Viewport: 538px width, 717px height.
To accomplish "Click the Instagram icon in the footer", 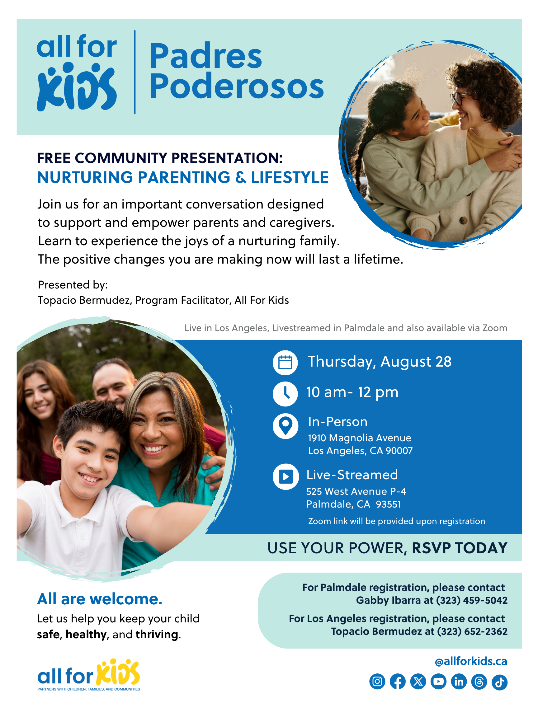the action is click(377, 682).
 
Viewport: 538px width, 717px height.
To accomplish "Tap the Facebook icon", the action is click(397, 682).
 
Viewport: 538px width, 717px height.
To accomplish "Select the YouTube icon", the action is click(438, 682).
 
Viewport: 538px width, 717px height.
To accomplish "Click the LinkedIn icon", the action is click(459, 682).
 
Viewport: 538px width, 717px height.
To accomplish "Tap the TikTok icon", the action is click(499, 682).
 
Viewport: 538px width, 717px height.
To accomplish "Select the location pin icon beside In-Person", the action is click(286, 426).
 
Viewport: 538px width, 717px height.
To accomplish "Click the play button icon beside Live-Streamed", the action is click(286, 476).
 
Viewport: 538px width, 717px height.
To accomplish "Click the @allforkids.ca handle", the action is click(470, 661).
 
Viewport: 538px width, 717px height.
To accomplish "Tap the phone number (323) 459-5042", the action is click(471, 600).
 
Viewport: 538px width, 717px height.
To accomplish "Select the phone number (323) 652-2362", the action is click(472, 631).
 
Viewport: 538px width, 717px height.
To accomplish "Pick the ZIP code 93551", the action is click(388, 504).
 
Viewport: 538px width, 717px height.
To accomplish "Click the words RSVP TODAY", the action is click(459, 548).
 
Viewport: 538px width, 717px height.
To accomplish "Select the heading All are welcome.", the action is click(100, 599).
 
